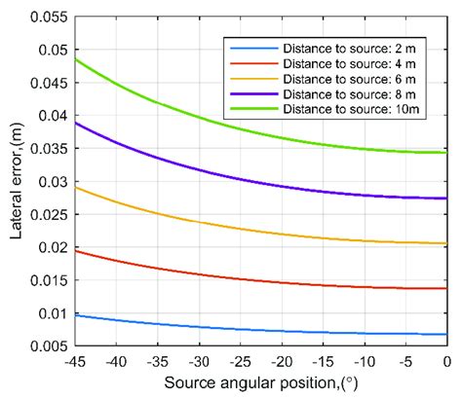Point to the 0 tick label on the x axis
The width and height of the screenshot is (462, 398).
coord(447,362)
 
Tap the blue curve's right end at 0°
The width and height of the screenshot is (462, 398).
coord(446,335)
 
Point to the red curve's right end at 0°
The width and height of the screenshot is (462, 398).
coord(446,288)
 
